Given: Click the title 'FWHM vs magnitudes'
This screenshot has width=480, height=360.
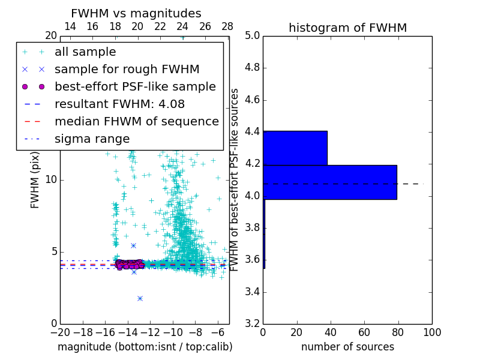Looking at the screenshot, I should point(136,14).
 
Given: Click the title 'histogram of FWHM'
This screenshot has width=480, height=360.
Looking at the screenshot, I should point(347,28).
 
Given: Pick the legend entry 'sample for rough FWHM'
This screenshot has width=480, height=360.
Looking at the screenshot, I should point(127,70).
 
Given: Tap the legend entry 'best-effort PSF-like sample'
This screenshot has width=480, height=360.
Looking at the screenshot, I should point(135,87).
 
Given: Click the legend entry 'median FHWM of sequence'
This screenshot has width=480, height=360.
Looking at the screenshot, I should point(136,122).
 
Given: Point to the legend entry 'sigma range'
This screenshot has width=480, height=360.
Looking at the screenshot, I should point(92,139).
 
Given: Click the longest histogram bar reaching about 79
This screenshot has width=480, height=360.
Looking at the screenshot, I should point(329,182).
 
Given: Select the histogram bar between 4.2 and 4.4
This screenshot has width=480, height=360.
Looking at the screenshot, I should point(295,148).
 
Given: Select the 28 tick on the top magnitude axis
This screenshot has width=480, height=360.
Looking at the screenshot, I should point(227,27).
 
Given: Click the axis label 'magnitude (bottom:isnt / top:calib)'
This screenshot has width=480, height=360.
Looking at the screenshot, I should point(145,347).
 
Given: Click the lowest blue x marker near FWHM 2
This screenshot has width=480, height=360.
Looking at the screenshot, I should point(140,298).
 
